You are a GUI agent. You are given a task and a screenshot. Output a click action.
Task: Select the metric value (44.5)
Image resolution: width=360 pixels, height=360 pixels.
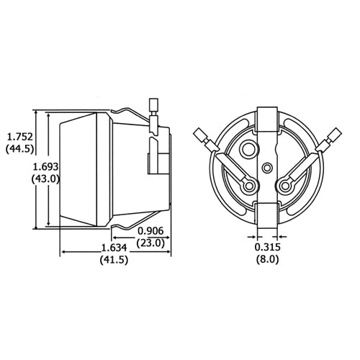click(x=19, y=149)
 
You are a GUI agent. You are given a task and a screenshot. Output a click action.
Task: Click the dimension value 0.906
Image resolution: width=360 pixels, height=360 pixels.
click(x=151, y=231)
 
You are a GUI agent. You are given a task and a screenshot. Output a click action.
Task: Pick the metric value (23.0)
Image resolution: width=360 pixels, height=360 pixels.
click(x=151, y=243)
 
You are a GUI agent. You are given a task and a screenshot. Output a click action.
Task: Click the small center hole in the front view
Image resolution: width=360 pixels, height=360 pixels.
click(x=268, y=167)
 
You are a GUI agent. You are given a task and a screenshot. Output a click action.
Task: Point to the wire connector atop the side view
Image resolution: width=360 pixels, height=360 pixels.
click(x=152, y=107)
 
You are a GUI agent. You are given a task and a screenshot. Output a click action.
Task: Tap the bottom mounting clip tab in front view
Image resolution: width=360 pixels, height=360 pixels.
click(x=267, y=215)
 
